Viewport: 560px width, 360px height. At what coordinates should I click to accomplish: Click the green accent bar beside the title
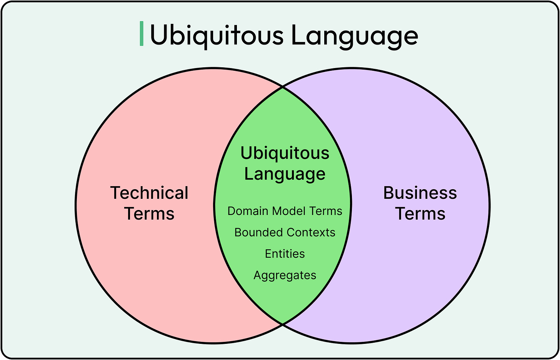pos(142,34)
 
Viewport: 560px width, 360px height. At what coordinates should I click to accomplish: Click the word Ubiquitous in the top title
pos(216,35)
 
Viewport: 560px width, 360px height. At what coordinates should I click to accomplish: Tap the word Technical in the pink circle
pos(149,193)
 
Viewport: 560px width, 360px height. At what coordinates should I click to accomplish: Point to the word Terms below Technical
pos(149,214)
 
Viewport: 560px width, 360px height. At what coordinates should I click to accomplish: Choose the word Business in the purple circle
pos(420,193)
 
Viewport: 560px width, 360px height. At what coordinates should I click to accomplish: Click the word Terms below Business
pos(420,214)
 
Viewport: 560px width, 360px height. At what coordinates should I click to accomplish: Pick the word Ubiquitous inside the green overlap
pos(285,153)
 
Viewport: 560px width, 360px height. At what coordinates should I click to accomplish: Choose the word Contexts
pos(311,233)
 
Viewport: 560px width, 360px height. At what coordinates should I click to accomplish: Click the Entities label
pos(285,254)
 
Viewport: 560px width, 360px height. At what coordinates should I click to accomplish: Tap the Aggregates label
pos(285,276)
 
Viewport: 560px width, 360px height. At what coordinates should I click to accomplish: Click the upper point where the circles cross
pos(283,88)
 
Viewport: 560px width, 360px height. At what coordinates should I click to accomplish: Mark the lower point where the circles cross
pos(283,324)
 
